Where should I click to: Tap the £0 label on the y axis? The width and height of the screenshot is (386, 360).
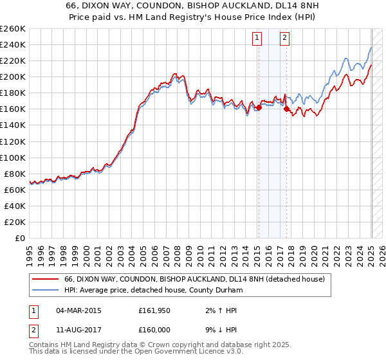tap(21, 238)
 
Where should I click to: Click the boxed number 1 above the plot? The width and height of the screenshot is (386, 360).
tap(257, 38)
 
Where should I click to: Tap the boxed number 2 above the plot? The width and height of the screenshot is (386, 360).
tap(284, 38)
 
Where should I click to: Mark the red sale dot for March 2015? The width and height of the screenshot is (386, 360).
tap(259, 107)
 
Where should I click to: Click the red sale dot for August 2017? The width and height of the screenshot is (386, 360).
tap(286, 109)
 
